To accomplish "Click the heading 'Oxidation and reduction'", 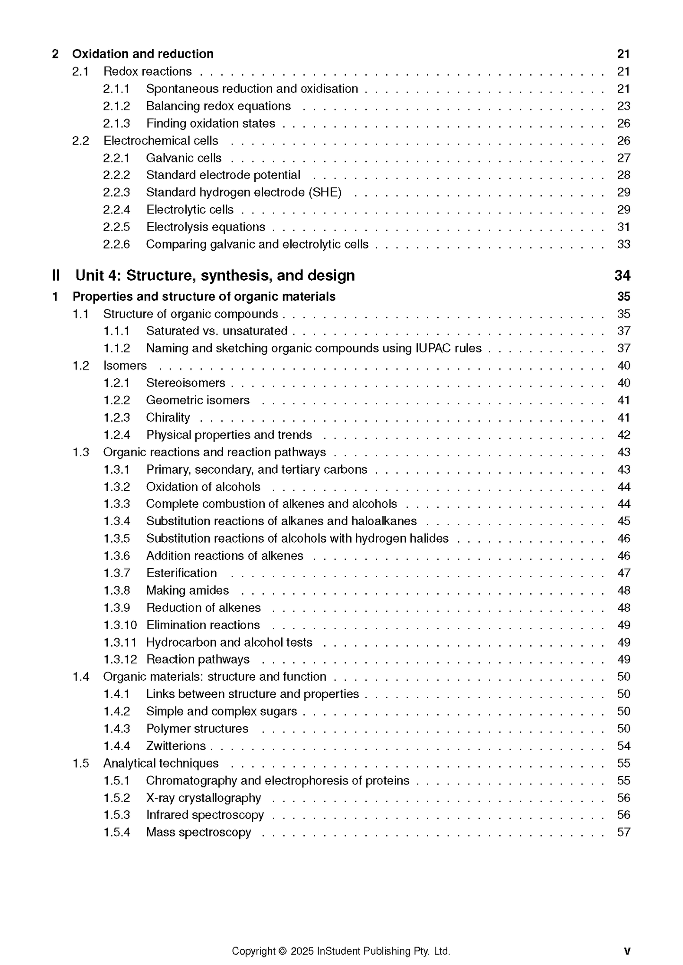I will (x=143, y=54).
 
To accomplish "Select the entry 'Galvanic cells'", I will (x=183, y=158).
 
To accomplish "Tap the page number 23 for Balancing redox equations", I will (x=623, y=106).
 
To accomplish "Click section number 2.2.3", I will (x=116, y=193).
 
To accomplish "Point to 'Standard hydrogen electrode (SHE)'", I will (x=243, y=193).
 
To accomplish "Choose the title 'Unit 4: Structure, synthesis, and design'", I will (x=215, y=276).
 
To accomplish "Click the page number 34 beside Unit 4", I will (x=622, y=276).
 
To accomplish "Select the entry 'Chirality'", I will (x=168, y=418).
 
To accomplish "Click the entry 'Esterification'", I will (x=182, y=573).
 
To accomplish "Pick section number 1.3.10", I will (x=120, y=625).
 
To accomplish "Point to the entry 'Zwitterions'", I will (x=176, y=746).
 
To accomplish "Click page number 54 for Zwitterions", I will (x=623, y=746).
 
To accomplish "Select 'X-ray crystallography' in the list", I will (x=203, y=798).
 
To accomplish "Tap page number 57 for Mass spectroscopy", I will (x=623, y=833).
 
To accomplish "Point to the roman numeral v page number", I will (x=627, y=951).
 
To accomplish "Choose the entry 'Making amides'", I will (x=187, y=591).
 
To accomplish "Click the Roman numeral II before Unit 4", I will (x=56, y=276).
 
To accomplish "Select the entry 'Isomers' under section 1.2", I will (x=125, y=366).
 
